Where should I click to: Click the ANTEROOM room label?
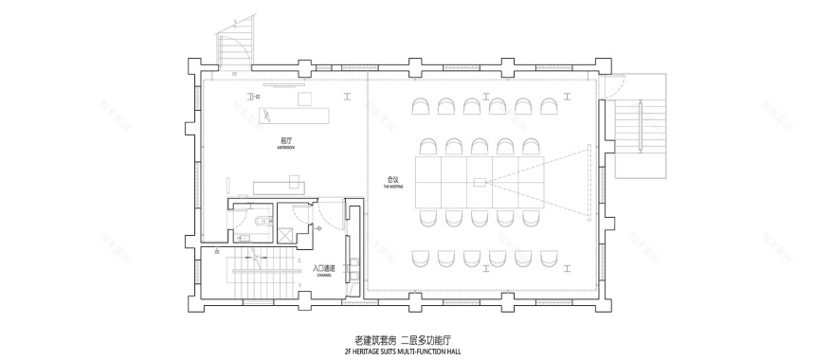285,146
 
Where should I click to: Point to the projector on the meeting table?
480,181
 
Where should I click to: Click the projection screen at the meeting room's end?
589,181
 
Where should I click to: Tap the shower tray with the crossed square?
283,232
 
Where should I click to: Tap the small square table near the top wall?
305,99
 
